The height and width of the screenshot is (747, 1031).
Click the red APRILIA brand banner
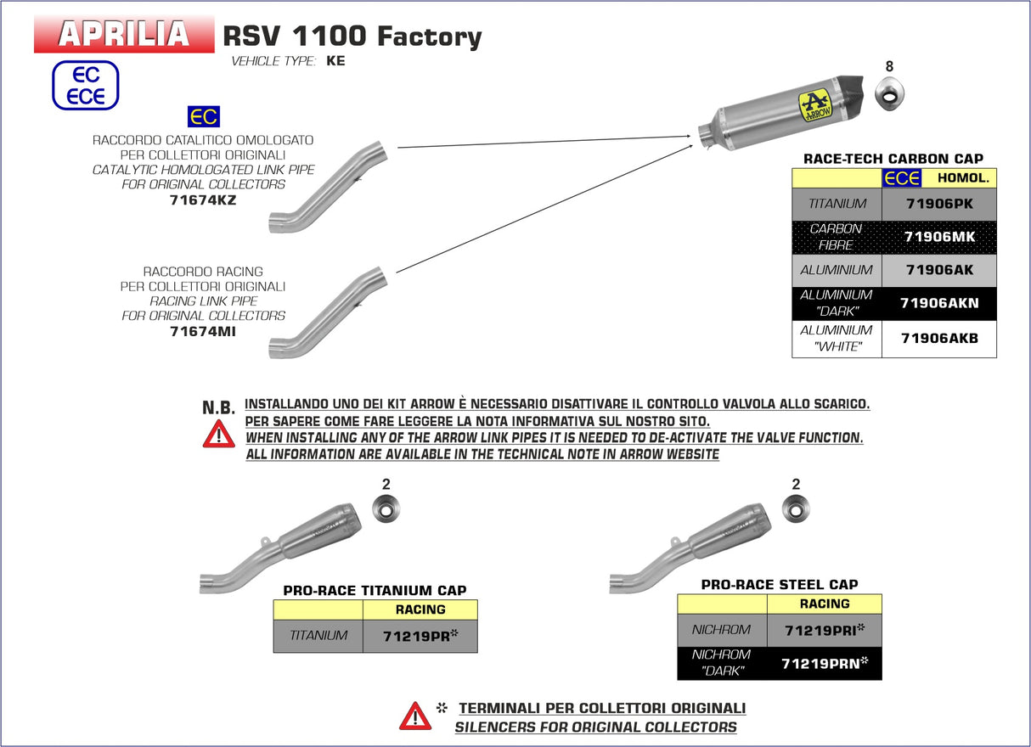(x=124, y=34)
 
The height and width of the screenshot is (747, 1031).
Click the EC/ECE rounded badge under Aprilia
(x=86, y=86)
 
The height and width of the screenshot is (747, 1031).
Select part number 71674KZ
(x=203, y=200)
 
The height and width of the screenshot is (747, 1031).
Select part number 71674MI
(x=203, y=331)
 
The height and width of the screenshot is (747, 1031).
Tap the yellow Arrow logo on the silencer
(x=815, y=106)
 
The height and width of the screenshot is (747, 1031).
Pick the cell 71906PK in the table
(x=938, y=204)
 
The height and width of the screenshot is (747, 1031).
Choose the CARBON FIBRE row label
(x=837, y=237)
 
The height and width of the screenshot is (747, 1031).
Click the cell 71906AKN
(x=938, y=303)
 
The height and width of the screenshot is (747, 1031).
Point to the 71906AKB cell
(x=938, y=338)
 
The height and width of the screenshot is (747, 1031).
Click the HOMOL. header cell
(x=962, y=178)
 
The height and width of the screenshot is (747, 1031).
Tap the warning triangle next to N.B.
(x=218, y=434)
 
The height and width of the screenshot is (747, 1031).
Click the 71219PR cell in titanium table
(x=420, y=635)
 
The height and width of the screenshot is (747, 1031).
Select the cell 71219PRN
(x=824, y=664)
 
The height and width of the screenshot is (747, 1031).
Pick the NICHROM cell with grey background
(x=722, y=630)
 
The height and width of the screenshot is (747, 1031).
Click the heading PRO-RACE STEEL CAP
(x=779, y=584)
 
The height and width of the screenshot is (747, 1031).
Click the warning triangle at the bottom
(x=415, y=716)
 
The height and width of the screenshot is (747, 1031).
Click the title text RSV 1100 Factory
(x=352, y=36)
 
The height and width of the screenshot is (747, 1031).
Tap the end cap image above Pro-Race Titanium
(x=386, y=509)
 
